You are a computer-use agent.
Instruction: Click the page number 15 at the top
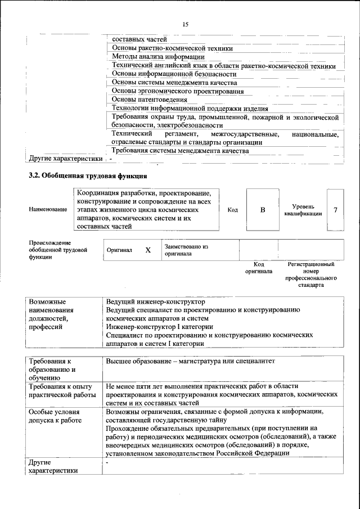coord(185,24)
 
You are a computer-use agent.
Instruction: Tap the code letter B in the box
coord(262,210)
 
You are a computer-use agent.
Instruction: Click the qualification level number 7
coord(335,210)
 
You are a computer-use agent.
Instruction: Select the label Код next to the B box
coord(232,210)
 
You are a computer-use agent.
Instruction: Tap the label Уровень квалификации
coord(303,210)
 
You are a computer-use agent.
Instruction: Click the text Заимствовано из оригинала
coord(186,250)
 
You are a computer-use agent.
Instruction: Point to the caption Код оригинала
coord(259,267)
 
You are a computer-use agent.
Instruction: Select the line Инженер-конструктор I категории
coord(159,326)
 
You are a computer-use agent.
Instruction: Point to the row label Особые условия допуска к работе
coord(57,416)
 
